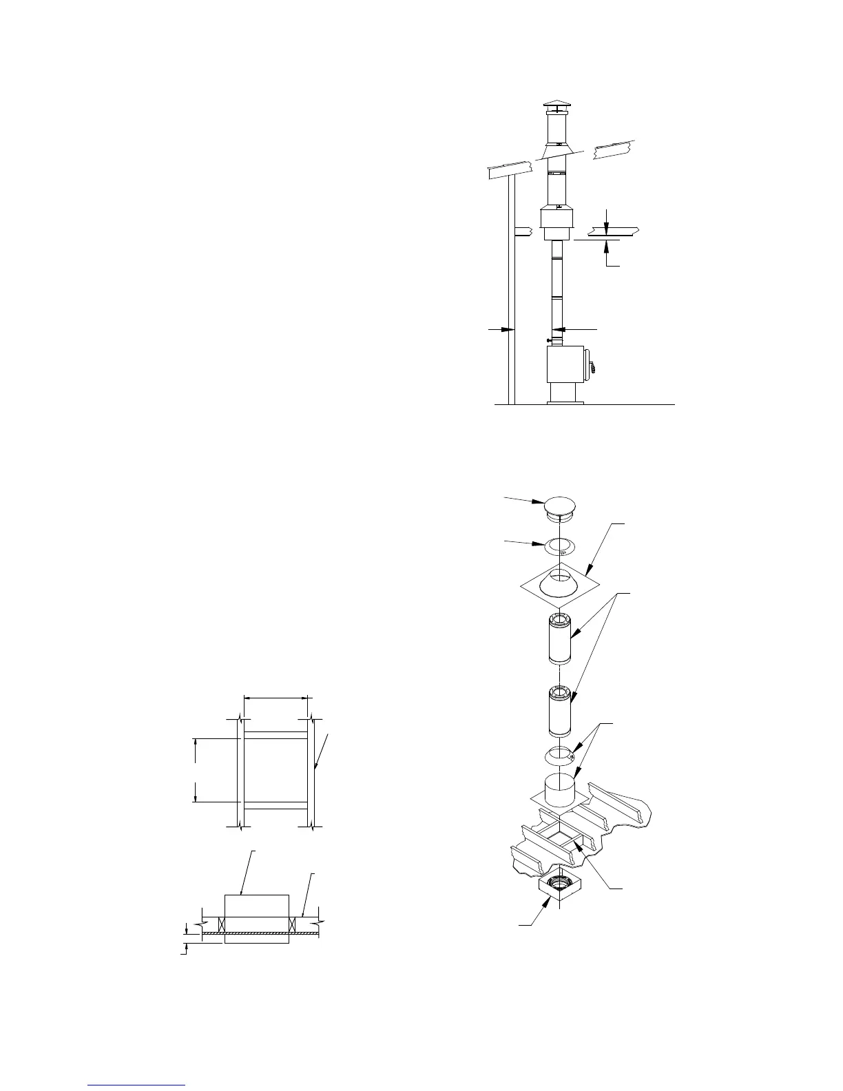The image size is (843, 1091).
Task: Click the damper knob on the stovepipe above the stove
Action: click(548, 340)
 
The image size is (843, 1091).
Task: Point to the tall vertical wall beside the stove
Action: click(511, 289)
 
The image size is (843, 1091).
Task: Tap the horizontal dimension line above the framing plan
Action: click(276, 698)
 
